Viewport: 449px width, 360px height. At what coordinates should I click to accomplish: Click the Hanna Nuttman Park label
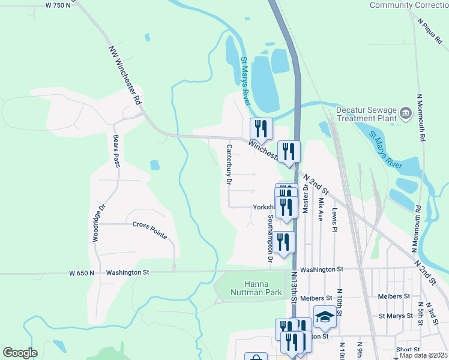[256, 288]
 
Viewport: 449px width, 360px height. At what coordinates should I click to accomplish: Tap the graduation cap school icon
[325, 317]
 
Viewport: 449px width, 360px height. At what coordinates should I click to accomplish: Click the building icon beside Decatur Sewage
[406, 112]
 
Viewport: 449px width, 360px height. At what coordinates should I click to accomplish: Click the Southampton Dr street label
[271, 238]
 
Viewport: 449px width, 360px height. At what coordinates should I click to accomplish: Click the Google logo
[20, 353]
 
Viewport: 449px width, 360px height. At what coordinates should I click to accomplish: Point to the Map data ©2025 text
[423, 355]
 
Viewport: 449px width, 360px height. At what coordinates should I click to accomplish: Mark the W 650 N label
[82, 272]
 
